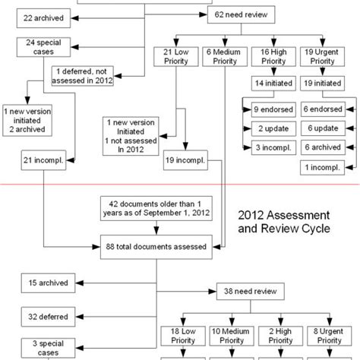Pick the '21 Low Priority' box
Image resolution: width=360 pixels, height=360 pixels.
pyautogui.click(x=172, y=57)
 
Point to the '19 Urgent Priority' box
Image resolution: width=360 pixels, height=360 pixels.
pyautogui.click(x=321, y=57)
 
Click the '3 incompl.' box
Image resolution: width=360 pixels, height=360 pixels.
pyautogui.click(x=272, y=147)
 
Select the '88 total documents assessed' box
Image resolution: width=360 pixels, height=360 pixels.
pyautogui.click(x=156, y=245)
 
